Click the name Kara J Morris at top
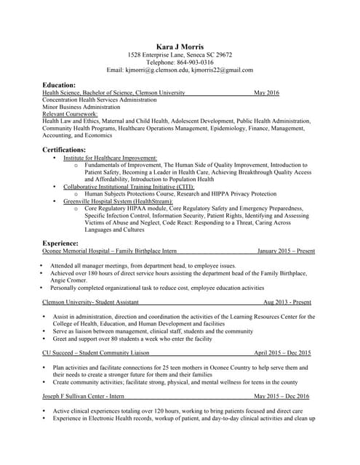tap(180, 46)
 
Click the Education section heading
tap(59, 85)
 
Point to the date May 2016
tap(266, 93)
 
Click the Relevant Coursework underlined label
tap(70, 114)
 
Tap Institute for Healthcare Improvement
tap(110, 158)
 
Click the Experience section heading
tap(60, 243)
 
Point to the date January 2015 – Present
tap(286, 251)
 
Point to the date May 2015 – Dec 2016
tap(281, 396)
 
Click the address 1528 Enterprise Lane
tap(157, 54)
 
